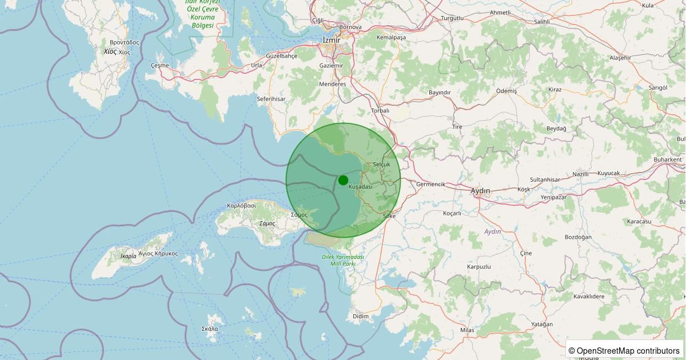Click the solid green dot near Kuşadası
pyautogui.click(x=343, y=180)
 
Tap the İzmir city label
pyautogui.click(x=331, y=40)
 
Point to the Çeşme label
pyautogui.click(x=159, y=65)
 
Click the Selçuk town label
pyautogui.click(x=381, y=164)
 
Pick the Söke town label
pyautogui.click(x=389, y=216)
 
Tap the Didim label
pyautogui.click(x=361, y=316)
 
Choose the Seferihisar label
pyautogui.click(x=271, y=99)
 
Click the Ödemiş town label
pyautogui.click(x=506, y=91)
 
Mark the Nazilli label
pyautogui.click(x=582, y=174)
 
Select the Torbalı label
pyautogui.click(x=380, y=110)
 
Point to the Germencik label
pyautogui.click(x=430, y=184)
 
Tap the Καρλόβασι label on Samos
pyautogui.click(x=241, y=205)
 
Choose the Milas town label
pyautogui.click(x=467, y=330)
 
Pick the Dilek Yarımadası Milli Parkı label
pyautogui.click(x=343, y=261)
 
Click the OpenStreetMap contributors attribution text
pyautogui.click(x=624, y=350)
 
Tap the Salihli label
pyautogui.click(x=541, y=22)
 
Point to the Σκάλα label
pyautogui.click(x=210, y=329)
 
